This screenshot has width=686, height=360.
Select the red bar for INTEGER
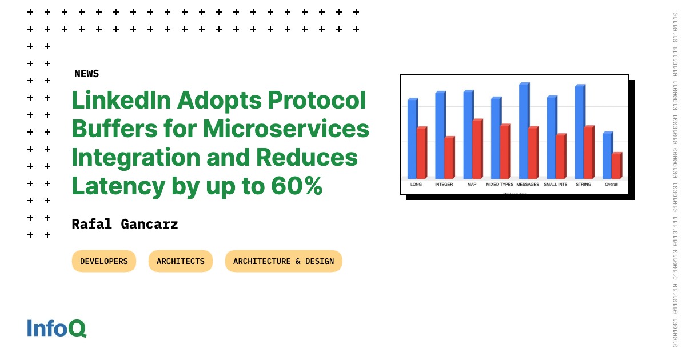coord(449,158)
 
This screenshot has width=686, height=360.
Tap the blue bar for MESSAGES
coord(523,131)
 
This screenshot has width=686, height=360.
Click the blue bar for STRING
coord(579,132)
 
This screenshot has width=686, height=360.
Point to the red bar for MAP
coord(477,149)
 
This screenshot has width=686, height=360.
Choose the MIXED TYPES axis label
coord(500,185)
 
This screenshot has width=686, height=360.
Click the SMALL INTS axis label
coord(555,185)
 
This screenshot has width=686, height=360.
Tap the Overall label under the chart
coord(611,185)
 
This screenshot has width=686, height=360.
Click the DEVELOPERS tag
coord(104,261)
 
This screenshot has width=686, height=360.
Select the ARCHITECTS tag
coord(180,261)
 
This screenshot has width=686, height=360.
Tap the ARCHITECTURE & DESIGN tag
coord(283,261)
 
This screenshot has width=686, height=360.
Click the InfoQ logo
coord(57,329)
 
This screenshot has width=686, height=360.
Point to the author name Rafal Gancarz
coord(125,224)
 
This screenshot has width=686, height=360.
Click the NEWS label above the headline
coord(86,74)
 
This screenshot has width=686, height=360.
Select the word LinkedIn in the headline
coord(120,101)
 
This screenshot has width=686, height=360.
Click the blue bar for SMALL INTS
coord(551,137)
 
